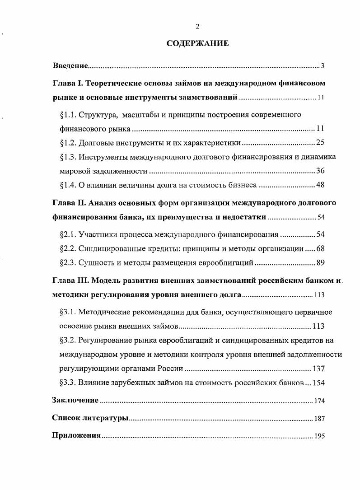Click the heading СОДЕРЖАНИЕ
[x=198, y=43]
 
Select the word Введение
[x=70, y=66]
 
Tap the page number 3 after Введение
[x=323, y=66]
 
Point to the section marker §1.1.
[x=69, y=115]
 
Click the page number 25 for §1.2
[x=320, y=143]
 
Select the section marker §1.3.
[x=69, y=157]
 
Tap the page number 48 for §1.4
[x=320, y=185]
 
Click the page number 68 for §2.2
[x=320, y=248]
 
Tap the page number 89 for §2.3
[x=320, y=263]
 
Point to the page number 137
[x=318, y=369]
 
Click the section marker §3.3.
[x=69, y=383]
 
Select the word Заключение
[x=75, y=400]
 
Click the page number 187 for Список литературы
[x=319, y=419]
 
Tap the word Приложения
[x=76, y=436]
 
